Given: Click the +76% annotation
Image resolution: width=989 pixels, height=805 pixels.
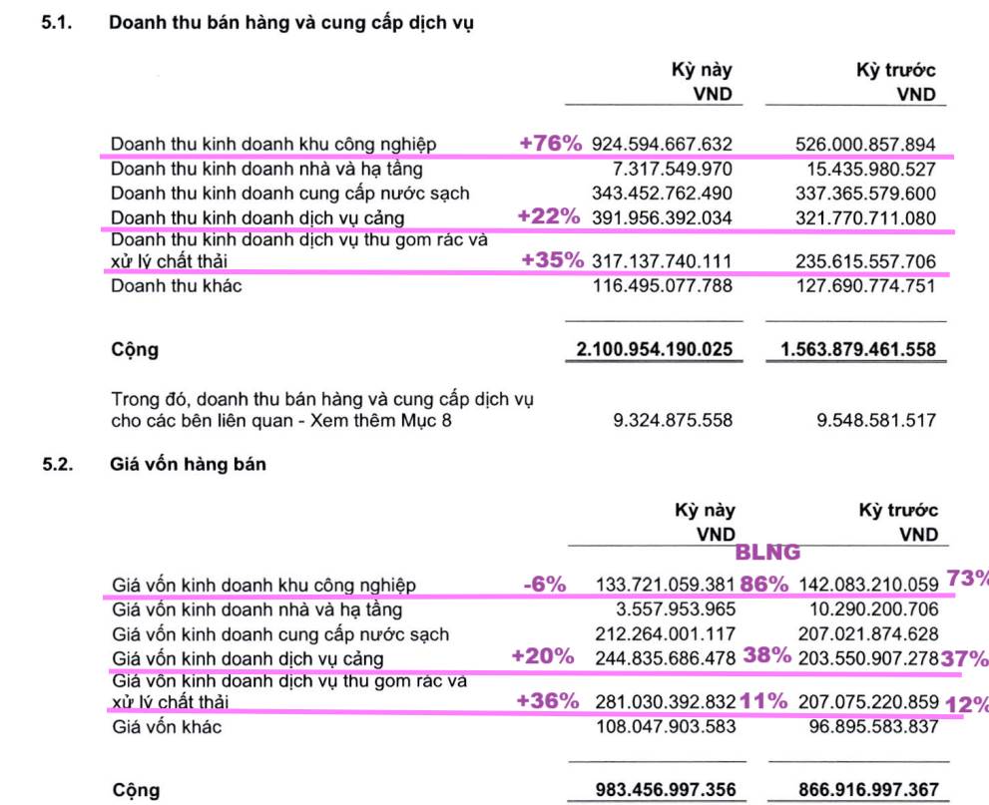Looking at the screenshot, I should (x=550, y=144).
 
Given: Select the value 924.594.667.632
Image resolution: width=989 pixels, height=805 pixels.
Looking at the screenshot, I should (x=662, y=145).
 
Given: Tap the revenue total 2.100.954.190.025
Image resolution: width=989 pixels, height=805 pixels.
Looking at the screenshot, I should (x=655, y=350).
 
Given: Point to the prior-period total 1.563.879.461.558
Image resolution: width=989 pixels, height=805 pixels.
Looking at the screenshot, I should (x=857, y=350).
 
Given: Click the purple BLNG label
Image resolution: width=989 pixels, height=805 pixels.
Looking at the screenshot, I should (x=767, y=551).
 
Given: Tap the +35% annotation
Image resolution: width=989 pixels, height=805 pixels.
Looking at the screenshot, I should (x=552, y=261).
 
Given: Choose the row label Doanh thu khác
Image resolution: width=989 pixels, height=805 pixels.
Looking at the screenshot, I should (x=177, y=287).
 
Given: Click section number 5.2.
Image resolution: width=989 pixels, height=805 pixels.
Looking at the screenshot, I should (x=58, y=464).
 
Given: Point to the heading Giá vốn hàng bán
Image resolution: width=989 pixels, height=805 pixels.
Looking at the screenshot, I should (x=188, y=464).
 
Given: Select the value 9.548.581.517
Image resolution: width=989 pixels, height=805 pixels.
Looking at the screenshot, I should (x=876, y=420).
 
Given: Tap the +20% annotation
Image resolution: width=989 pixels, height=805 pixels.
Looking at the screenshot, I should (x=542, y=656).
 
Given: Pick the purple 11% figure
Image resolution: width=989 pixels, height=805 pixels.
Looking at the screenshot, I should (x=763, y=701).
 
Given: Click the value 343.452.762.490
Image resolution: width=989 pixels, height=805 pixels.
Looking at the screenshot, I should (x=662, y=193).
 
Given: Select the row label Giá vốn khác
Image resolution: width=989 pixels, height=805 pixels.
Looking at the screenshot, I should (x=167, y=727).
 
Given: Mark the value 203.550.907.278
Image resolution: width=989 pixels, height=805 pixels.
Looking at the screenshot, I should (x=868, y=658).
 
